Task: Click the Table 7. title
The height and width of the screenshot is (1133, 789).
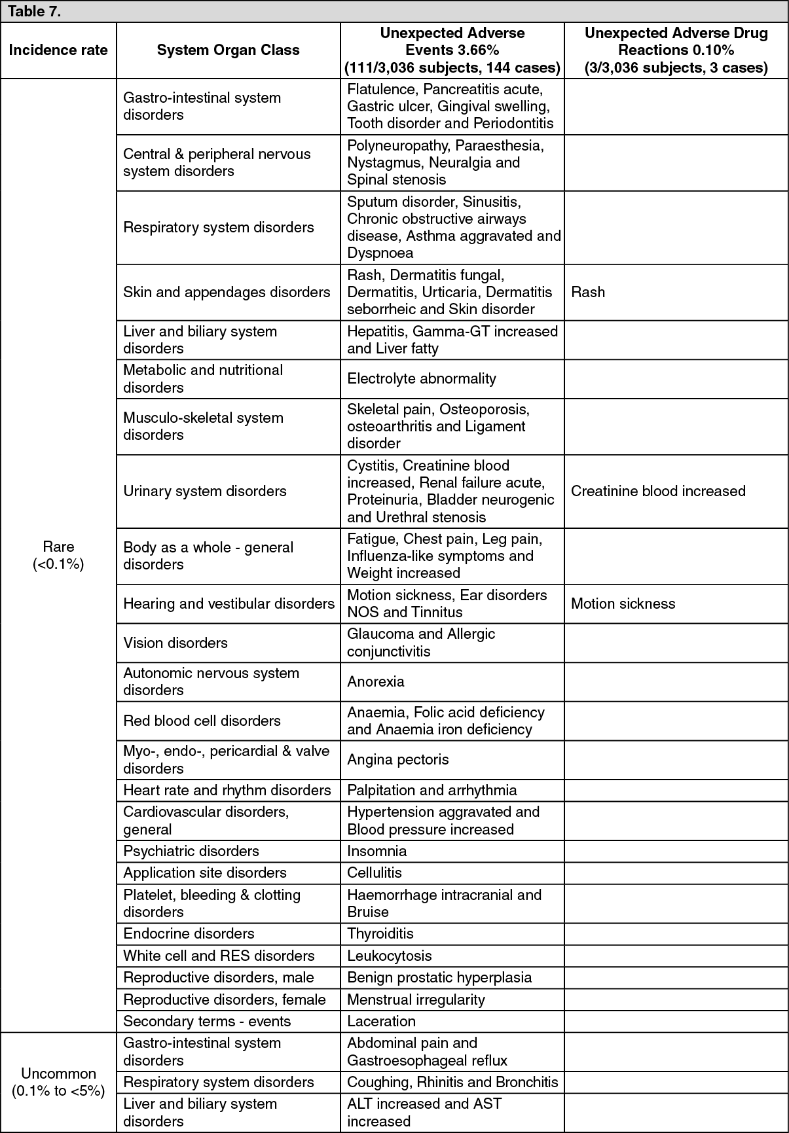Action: pos(34,12)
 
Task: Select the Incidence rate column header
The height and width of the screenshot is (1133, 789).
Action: pos(58,50)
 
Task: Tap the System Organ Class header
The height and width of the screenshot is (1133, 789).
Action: pos(228,50)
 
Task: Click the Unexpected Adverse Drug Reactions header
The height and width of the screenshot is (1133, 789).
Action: pos(676,50)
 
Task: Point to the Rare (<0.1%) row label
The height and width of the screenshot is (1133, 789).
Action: pos(58,555)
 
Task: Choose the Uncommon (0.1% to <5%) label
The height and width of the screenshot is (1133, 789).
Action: pos(58,1082)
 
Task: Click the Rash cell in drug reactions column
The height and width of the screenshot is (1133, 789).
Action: pos(588,292)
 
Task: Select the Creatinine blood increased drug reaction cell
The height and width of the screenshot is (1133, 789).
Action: pos(658,491)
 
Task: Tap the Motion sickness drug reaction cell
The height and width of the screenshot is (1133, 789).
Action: pos(623,603)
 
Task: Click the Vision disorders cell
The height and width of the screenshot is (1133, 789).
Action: pos(175,643)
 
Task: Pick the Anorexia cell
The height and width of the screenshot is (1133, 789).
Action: pos(376,681)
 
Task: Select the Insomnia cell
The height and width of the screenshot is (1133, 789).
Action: pos(377,851)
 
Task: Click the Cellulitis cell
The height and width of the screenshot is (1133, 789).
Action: pos(375,872)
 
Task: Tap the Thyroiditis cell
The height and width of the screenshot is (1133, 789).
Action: pos(380,933)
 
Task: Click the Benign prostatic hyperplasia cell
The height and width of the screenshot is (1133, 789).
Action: pos(439,977)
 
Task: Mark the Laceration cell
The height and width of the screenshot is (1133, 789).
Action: pos(381,1021)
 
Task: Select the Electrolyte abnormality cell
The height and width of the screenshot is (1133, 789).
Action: pos(422,378)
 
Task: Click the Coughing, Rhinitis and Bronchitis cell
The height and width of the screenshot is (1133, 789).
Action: pos(452,1082)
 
